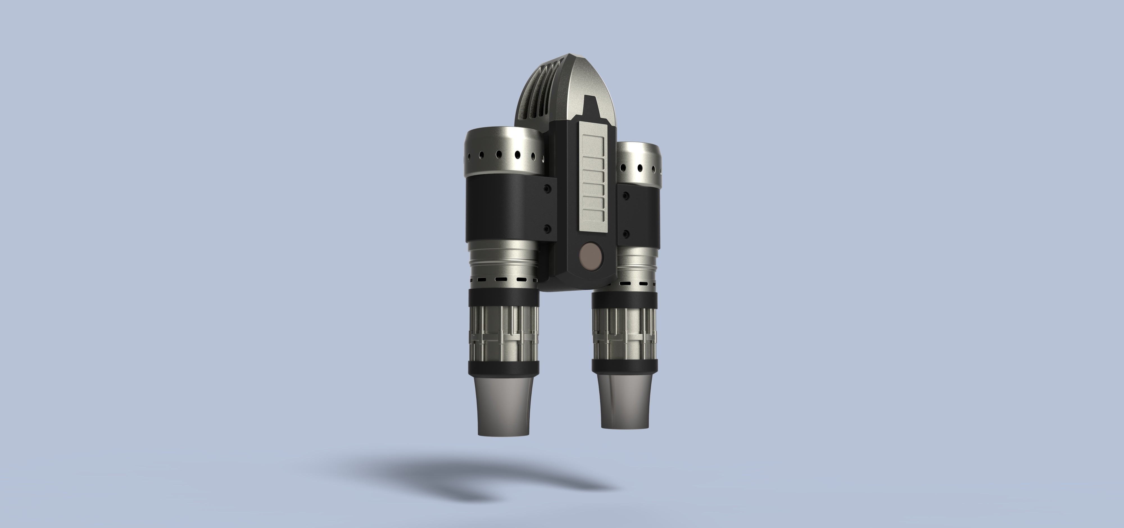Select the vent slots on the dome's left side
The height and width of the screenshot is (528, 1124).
click(x=538, y=105)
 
